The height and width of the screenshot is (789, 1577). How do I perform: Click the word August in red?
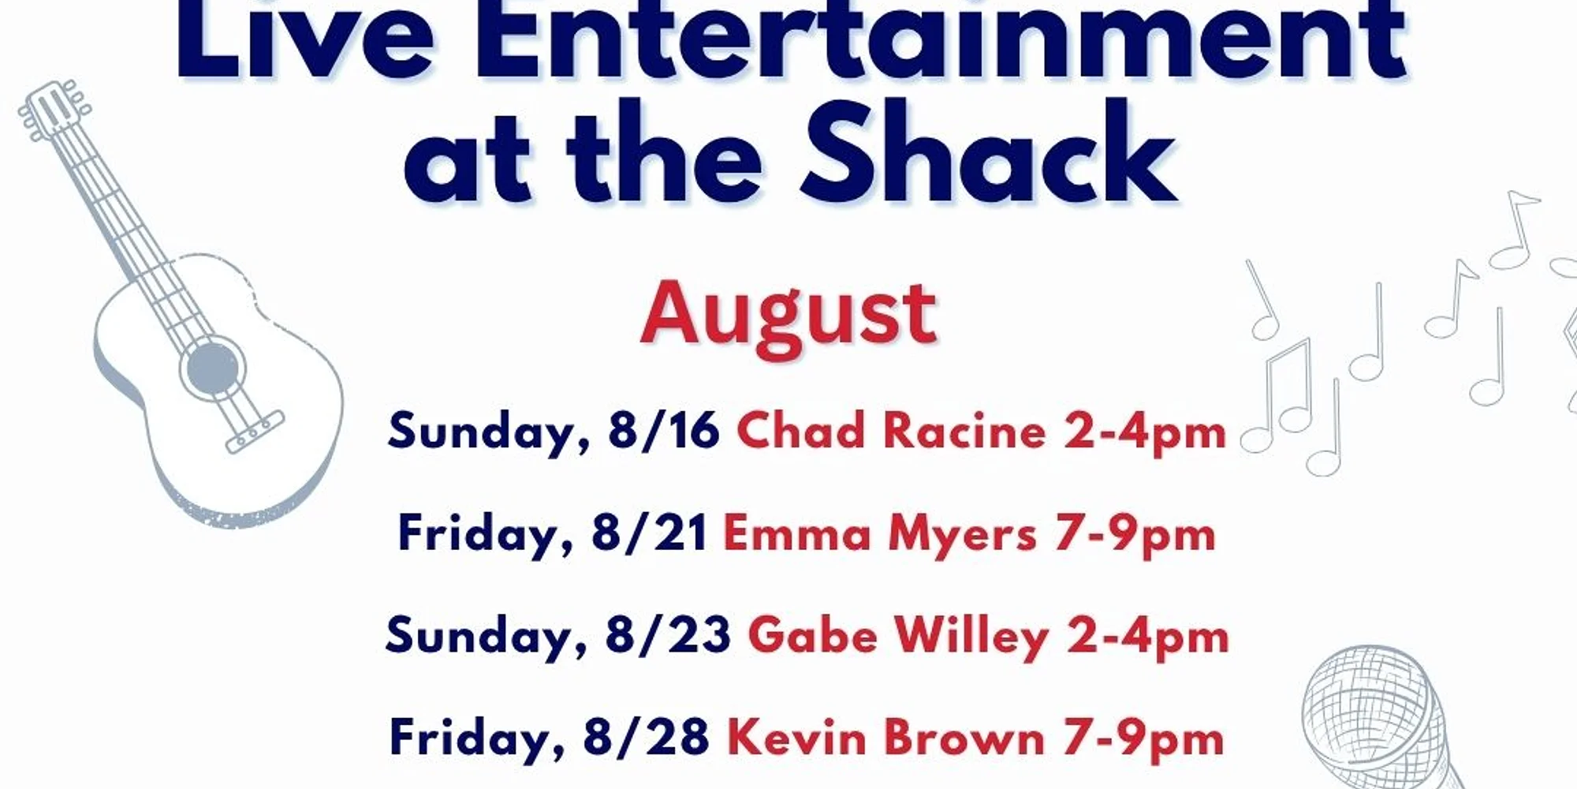788,316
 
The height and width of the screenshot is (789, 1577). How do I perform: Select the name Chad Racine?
891,432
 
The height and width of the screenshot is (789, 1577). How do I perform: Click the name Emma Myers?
879,534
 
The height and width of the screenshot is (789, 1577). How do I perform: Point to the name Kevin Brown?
885,738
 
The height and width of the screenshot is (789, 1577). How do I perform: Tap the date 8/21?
649,533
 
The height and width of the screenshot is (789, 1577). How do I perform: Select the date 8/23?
668,636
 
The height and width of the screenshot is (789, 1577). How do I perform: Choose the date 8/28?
646,738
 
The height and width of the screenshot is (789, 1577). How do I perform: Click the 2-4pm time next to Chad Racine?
1145,433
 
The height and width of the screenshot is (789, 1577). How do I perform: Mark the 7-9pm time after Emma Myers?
1135,535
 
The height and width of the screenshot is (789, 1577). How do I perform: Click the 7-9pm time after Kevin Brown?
1143,739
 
